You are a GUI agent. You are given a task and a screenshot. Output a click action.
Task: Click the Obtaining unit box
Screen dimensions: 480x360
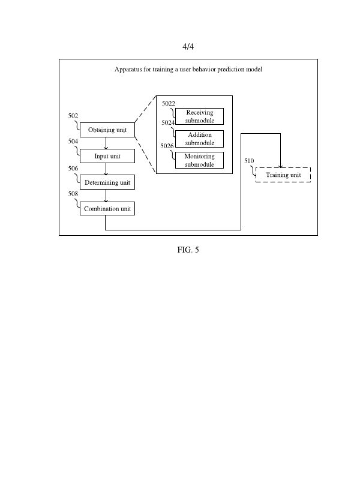point(107,130)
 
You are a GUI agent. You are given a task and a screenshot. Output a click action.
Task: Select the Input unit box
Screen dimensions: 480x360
point(107,156)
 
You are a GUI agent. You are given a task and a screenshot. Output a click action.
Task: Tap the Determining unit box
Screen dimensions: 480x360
point(107,182)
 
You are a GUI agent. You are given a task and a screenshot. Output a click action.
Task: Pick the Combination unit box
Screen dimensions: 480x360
point(107,209)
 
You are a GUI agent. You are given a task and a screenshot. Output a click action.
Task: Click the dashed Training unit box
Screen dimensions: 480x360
point(283,175)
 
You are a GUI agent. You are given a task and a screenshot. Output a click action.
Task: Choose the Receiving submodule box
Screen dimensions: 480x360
point(199,116)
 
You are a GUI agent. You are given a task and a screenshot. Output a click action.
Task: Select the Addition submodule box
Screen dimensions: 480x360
point(199,139)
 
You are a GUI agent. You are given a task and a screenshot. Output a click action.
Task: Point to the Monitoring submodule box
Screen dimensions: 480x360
point(199,160)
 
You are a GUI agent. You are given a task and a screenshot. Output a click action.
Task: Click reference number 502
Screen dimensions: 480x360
point(73,115)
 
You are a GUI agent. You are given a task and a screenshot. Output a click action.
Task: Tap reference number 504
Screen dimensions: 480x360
point(73,142)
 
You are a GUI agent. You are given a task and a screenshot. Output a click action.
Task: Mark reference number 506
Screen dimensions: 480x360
point(73,169)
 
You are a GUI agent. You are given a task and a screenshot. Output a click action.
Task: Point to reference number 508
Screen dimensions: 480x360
point(73,194)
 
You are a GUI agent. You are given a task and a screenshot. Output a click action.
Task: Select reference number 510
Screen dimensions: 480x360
point(249,161)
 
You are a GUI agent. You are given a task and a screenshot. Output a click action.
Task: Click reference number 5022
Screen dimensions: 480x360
point(169,104)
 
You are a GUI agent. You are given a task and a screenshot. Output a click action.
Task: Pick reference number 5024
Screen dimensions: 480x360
point(168,123)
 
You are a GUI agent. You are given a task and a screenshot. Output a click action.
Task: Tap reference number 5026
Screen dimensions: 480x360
point(167,146)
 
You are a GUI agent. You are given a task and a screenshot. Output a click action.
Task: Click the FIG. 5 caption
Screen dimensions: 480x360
point(188,250)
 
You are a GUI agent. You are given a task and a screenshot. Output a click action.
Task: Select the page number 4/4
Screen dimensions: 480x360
point(188,46)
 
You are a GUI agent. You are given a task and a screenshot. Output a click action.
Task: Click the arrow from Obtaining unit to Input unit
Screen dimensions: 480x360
point(106,143)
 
